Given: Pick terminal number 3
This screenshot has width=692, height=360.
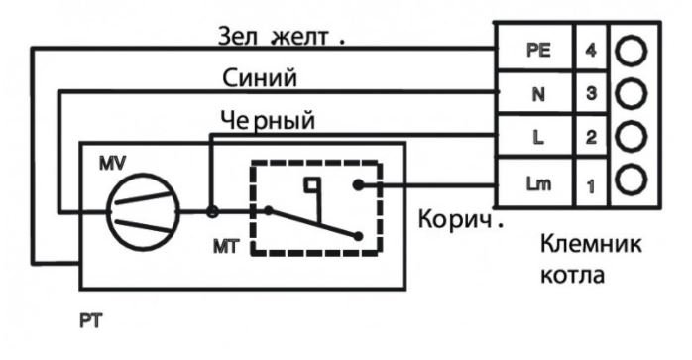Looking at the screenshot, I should coord(589,95).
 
